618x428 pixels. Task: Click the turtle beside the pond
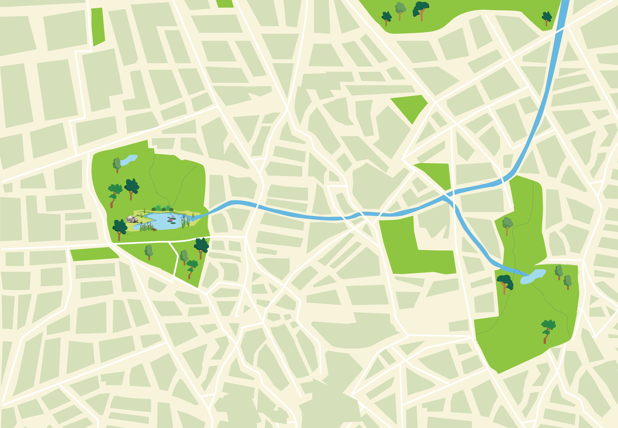(154, 230)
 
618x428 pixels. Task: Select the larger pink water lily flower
(171, 220)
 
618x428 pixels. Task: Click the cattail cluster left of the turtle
(146, 227)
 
